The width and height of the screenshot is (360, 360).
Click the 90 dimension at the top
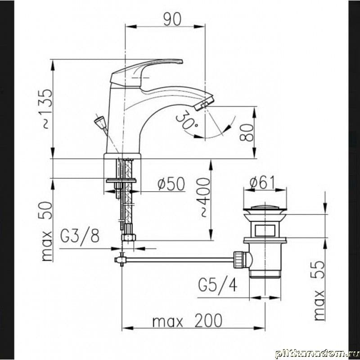click(172, 19)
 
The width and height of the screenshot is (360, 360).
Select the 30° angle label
click(186, 121)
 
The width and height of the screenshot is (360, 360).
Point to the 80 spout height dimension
click(247, 132)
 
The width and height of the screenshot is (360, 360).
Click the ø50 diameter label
click(171, 184)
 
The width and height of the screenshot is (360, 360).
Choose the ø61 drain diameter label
click(262, 183)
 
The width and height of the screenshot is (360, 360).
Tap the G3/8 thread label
click(80, 236)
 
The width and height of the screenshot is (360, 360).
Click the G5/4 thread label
click(217, 285)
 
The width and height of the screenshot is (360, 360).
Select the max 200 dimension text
click(187, 320)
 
